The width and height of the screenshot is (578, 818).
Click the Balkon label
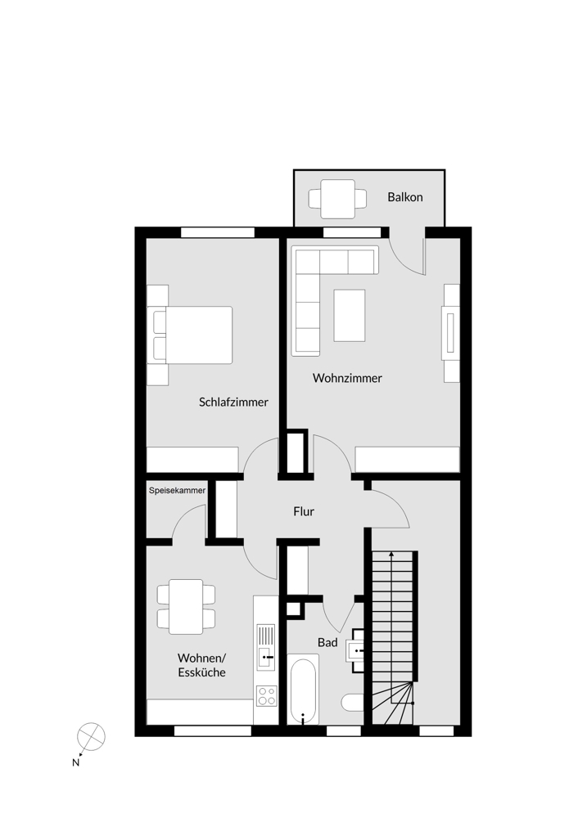405,197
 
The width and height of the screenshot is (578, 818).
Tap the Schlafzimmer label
233,402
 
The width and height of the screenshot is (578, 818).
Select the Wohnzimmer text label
347,378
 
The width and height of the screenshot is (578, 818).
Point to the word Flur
304,512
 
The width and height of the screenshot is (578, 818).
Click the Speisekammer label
177,491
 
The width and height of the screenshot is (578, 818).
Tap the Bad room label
327,643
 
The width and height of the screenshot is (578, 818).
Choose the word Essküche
201,672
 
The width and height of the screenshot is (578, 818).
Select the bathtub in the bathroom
305,691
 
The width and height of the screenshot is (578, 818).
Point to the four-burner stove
266,696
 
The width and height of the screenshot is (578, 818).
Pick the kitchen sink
266,643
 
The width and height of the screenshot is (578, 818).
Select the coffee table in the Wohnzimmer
350,315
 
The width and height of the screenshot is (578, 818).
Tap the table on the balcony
337,199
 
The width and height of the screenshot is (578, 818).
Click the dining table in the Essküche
186,606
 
